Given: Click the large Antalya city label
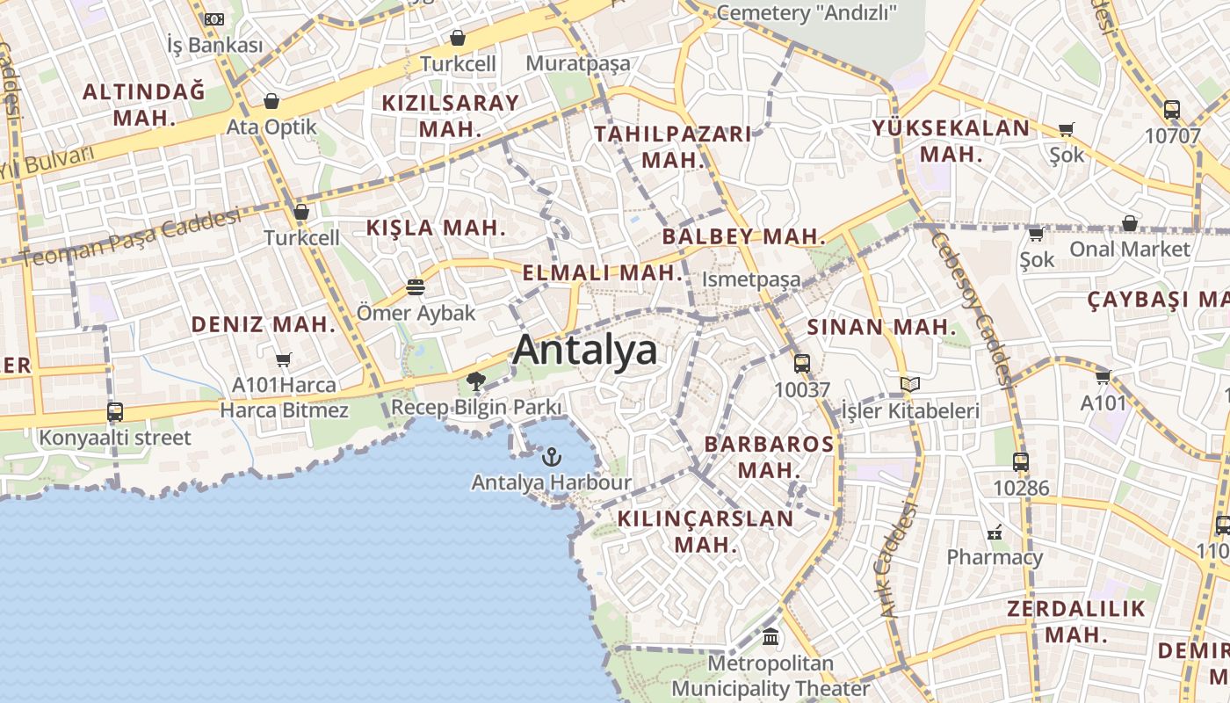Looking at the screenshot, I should [584, 350].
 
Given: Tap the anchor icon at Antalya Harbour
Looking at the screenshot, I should [551, 457].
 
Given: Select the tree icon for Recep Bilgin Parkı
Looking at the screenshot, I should [476, 381].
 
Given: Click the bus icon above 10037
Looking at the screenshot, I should [801, 363].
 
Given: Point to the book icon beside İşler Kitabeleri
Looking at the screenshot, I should [910, 385].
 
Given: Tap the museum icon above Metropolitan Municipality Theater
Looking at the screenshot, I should [771, 636].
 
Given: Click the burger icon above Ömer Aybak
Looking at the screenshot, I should [415, 287].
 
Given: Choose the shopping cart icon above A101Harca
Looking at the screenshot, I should [283, 359].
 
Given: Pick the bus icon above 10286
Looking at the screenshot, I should [1020, 461].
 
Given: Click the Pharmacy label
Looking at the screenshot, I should [994, 557].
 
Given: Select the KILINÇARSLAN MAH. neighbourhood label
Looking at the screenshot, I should [705, 532].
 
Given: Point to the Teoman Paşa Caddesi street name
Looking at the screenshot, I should [132, 238].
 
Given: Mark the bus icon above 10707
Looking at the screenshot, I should [1171, 111].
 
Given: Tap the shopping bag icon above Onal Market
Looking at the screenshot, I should [1129, 223].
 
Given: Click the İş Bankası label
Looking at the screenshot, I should [215, 44].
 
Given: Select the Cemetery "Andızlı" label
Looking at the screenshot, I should [807, 12].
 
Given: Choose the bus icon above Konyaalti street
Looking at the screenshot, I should [114, 412].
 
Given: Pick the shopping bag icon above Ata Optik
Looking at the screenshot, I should [271, 101].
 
